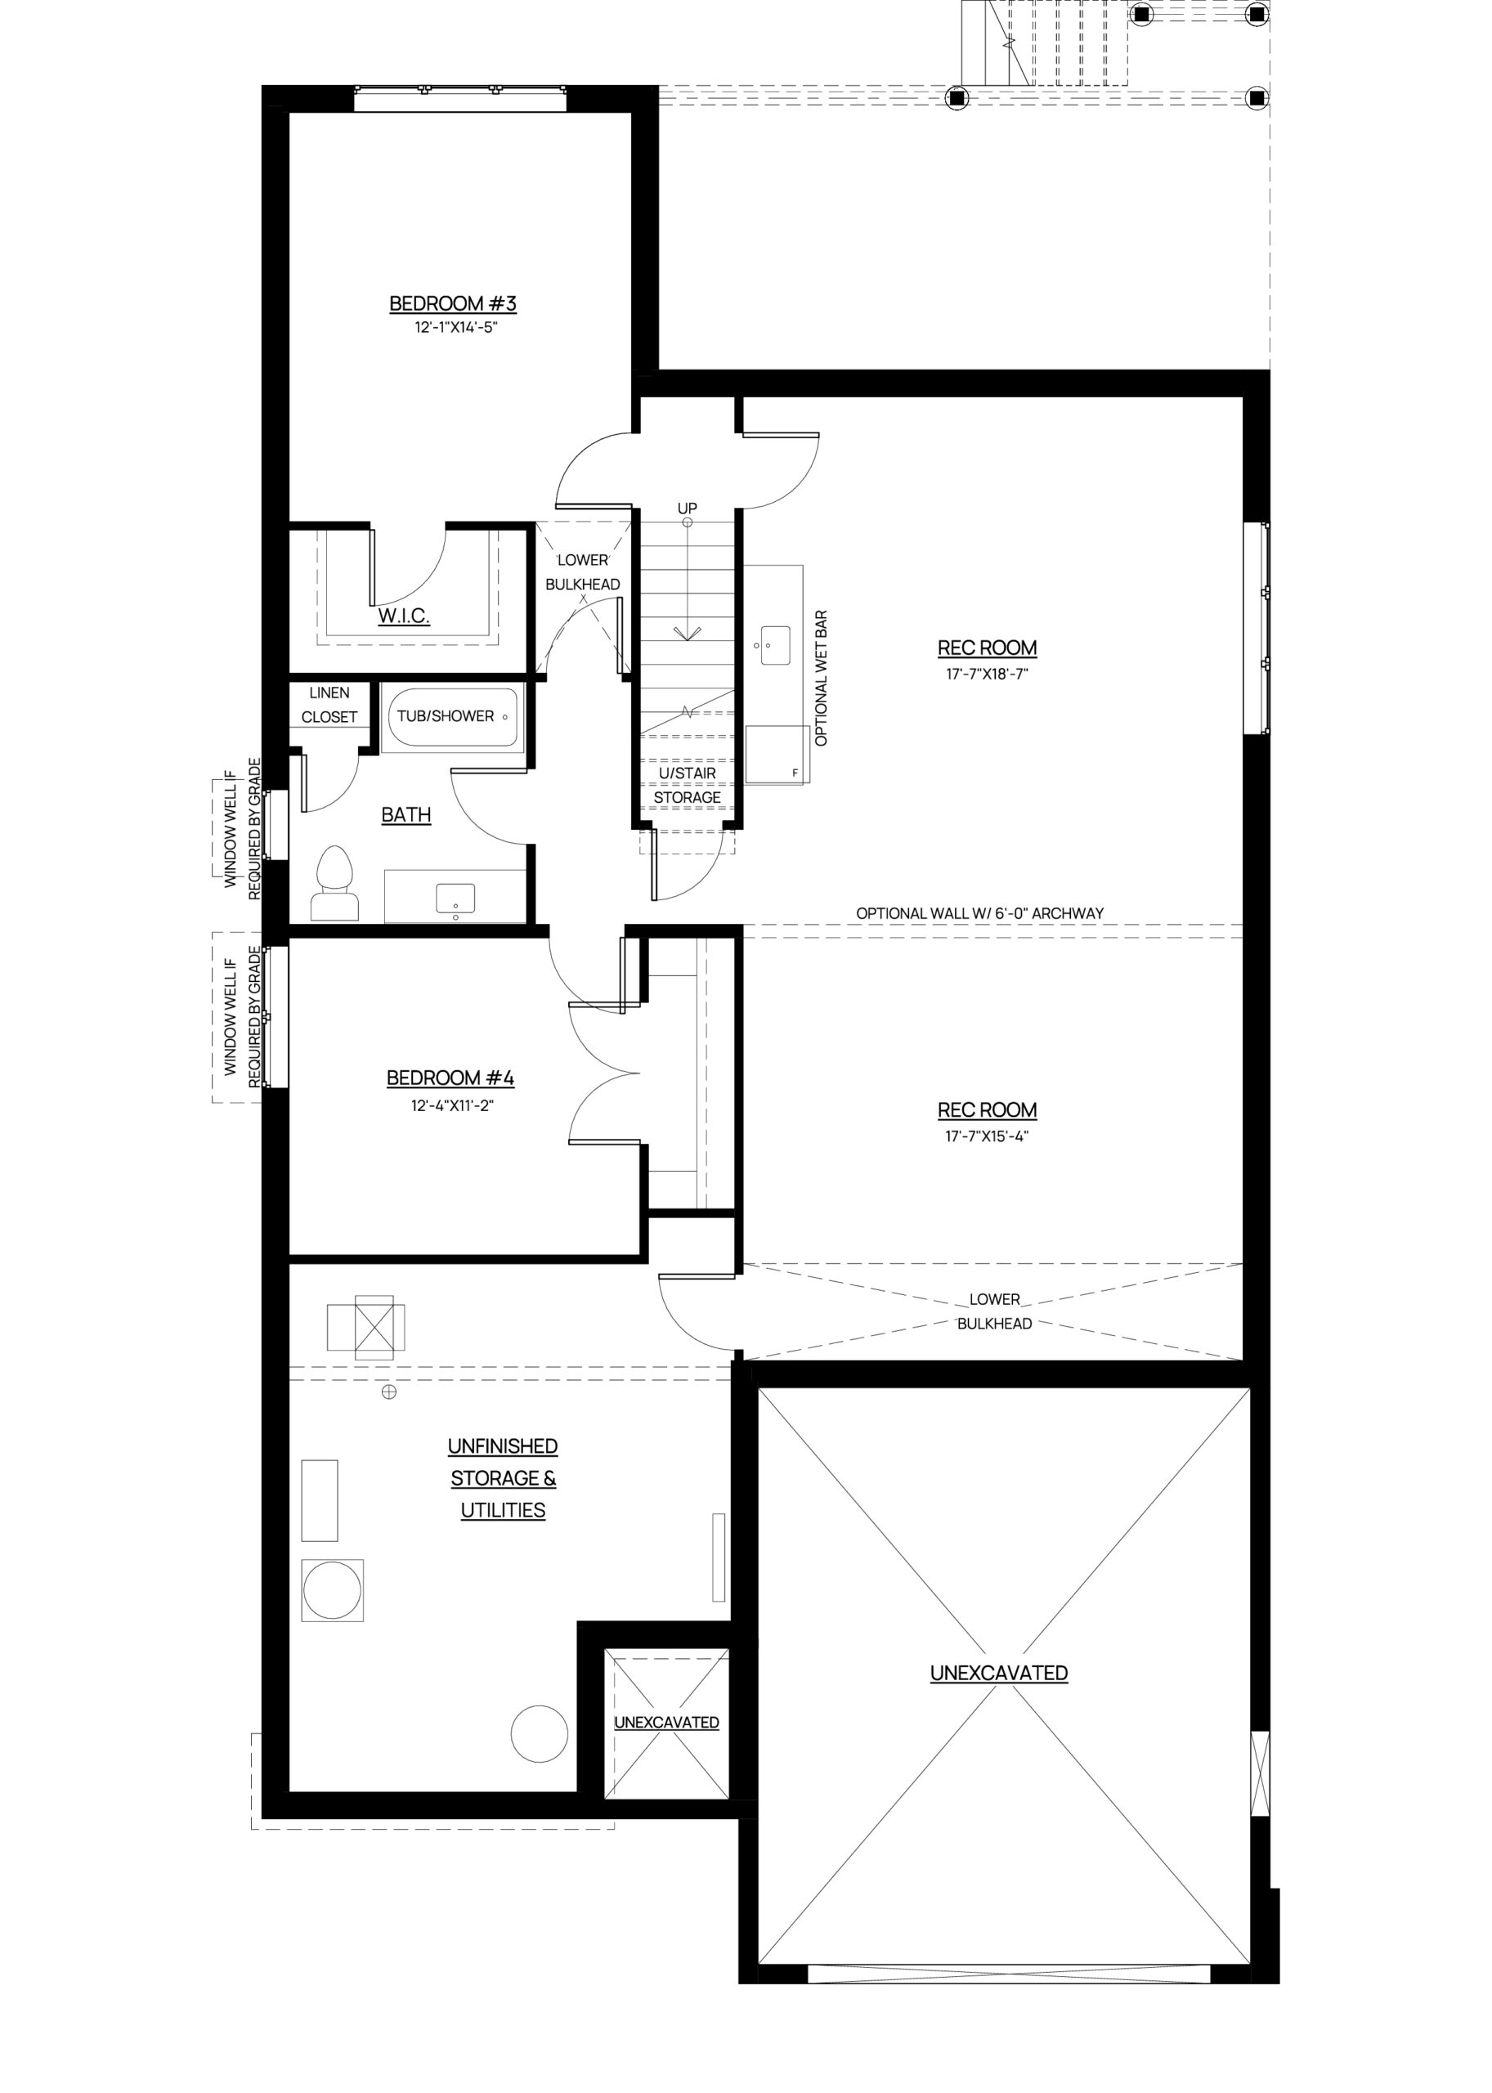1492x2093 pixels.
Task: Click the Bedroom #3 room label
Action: coord(453,303)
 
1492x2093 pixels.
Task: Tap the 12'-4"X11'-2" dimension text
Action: coord(453,1105)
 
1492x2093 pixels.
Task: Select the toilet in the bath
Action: coord(335,883)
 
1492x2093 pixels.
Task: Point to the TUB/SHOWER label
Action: coord(446,715)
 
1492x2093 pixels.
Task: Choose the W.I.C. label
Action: coord(404,616)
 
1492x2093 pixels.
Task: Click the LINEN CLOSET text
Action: coord(329,705)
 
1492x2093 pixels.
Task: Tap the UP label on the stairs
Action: coord(688,508)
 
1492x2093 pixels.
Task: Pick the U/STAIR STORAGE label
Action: coord(688,786)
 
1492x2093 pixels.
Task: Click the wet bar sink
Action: coord(775,646)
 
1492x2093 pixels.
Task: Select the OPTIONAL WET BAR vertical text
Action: coord(822,678)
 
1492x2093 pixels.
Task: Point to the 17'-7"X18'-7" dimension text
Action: coord(988,674)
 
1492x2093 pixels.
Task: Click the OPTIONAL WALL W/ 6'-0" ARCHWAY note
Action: coord(980,913)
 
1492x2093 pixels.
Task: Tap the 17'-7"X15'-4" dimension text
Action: coord(988,1136)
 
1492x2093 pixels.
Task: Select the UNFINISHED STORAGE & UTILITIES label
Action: coord(504,1478)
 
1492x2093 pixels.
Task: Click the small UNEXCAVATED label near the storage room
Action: coord(666,1723)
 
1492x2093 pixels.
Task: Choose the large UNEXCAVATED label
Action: coord(1000,1673)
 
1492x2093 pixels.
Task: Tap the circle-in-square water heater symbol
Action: coord(333,1590)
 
